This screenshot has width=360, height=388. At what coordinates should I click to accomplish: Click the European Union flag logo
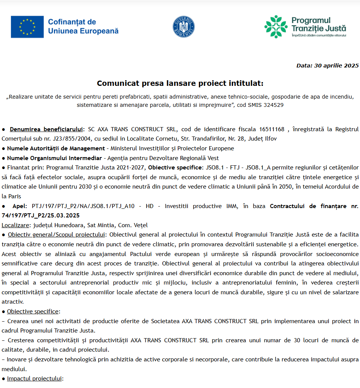(27, 27)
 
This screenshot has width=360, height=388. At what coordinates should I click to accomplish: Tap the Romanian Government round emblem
(183, 27)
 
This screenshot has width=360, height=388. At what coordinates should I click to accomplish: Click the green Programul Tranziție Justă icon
(276, 27)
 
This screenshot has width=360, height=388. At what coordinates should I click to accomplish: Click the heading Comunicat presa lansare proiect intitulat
(180, 83)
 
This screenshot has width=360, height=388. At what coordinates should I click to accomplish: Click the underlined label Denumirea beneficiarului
(46, 129)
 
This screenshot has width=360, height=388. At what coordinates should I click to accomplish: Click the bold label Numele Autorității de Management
(56, 148)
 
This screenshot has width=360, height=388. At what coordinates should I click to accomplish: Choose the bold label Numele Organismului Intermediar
(55, 158)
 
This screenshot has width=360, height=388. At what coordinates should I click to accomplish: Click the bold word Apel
(19, 206)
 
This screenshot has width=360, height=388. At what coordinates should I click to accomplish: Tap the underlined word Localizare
(15, 225)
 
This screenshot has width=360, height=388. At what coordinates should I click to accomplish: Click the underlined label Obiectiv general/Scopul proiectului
(56, 235)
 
